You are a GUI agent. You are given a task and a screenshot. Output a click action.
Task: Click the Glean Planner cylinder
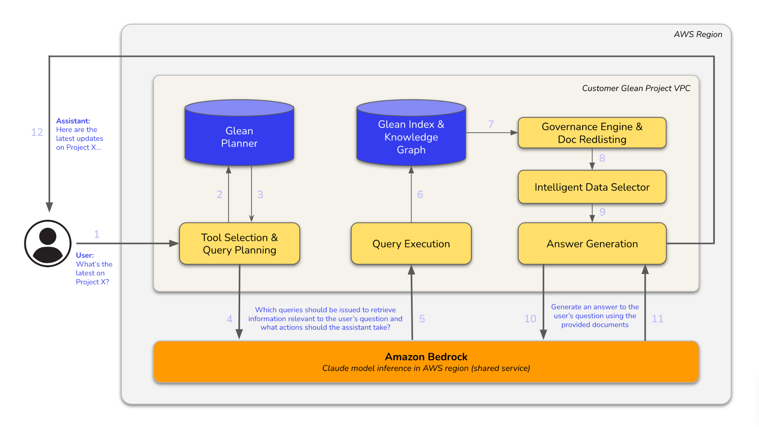[x=239, y=137]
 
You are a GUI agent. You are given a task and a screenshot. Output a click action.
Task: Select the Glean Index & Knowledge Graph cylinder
[x=411, y=137]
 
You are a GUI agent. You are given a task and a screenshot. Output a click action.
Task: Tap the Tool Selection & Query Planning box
[x=239, y=244]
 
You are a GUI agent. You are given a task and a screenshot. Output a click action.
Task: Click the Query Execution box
[x=411, y=244]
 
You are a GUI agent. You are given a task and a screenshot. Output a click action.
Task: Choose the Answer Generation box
[x=592, y=244]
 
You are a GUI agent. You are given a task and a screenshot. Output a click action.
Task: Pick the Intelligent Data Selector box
[x=592, y=187]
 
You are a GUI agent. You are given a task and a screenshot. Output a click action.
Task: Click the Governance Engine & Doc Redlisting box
[x=592, y=133]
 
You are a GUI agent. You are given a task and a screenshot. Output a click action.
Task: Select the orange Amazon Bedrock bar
[x=426, y=362]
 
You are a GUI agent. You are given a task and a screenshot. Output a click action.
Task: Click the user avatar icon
[x=48, y=244]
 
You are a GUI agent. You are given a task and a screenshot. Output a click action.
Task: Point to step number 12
[x=37, y=132]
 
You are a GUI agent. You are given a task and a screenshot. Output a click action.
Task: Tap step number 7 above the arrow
[x=491, y=124]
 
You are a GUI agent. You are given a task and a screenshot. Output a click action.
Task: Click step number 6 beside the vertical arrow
[x=420, y=194]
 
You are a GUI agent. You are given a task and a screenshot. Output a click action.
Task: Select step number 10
[x=530, y=319]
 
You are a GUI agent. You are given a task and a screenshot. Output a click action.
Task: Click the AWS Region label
[x=698, y=34]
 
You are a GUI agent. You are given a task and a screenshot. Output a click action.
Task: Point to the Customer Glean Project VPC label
[x=636, y=88]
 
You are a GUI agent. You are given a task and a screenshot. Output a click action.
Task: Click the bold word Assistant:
[x=73, y=121]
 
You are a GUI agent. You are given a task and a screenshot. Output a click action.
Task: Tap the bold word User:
[x=85, y=255]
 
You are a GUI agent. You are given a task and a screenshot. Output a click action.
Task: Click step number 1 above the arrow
[x=97, y=234]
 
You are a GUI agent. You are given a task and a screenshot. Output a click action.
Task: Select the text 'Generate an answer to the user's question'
[x=595, y=311]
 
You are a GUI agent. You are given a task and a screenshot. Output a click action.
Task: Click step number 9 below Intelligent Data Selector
[x=602, y=212]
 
